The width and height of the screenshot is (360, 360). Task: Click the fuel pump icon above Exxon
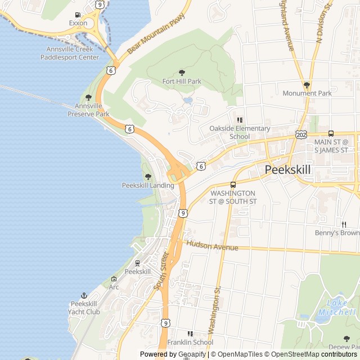coord(78,15)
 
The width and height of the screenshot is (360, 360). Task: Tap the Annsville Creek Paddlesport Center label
coord(73,53)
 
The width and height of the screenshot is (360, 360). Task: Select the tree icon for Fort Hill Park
coord(182,73)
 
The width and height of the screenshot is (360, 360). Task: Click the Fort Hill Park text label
coord(182,82)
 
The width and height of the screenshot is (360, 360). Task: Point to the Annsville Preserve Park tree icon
coord(88,97)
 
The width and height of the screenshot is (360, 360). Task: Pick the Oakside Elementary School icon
coord(240,120)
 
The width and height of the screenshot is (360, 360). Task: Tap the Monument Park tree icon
coord(307,85)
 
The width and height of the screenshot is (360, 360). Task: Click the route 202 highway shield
coord(300,135)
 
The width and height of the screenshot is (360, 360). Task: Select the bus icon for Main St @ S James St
coord(331,133)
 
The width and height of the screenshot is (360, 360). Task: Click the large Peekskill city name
coord(287,169)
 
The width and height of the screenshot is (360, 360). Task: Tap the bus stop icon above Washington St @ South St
coord(233,184)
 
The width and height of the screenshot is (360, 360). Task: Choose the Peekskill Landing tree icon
coord(148,177)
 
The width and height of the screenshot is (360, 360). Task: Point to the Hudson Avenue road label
coord(211,246)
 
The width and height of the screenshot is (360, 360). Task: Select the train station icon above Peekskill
coord(137,263)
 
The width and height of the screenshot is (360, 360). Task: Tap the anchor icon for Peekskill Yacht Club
coord(84,295)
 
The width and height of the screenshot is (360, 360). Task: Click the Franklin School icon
coord(190,334)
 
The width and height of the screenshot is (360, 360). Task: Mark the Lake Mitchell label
coord(336,308)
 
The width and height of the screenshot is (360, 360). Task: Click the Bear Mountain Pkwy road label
coord(148,41)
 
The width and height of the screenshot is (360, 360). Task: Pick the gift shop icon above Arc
coord(114,278)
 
